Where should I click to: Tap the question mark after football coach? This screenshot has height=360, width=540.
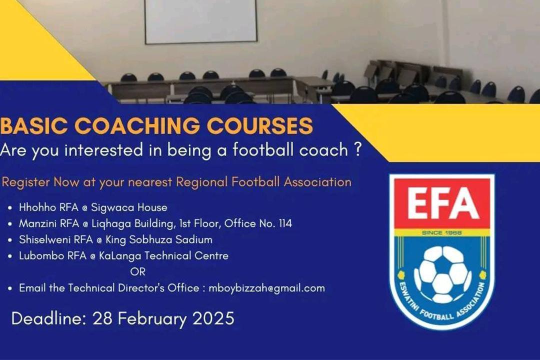356,150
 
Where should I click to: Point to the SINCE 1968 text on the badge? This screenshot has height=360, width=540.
441,233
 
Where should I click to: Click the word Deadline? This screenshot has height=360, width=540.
48,318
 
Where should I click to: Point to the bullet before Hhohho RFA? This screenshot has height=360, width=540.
10,207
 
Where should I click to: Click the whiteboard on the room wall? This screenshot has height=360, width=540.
201,21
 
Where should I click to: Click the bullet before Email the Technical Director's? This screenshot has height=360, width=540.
10,288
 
